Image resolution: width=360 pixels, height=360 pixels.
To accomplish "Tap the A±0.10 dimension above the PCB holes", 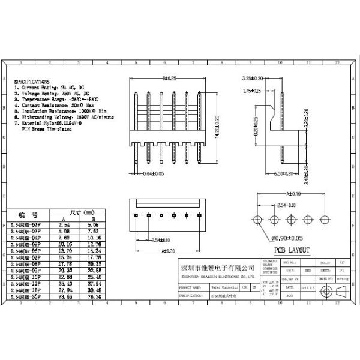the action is [294, 194].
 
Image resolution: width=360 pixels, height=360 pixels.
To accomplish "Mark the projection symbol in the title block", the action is [332, 291].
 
